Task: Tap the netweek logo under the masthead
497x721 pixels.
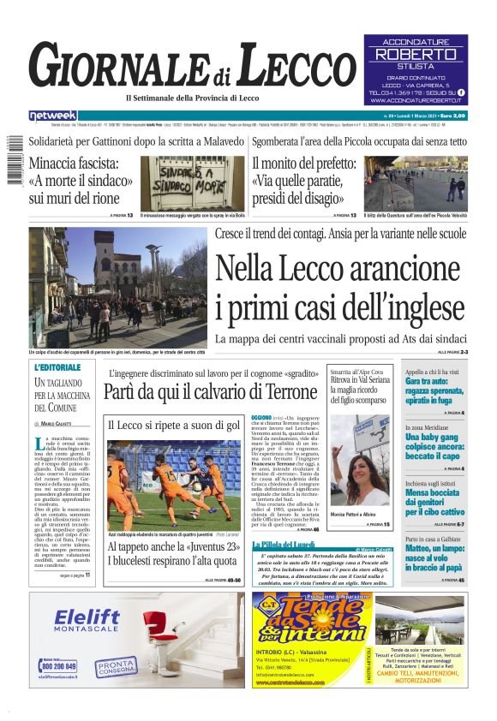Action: click(52, 116)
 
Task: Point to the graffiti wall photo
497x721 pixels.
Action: click(191, 182)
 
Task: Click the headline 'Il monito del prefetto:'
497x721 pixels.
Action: click(304, 164)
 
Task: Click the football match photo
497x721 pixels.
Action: click(174, 484)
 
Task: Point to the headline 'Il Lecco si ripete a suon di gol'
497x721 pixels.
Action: click(173, 426)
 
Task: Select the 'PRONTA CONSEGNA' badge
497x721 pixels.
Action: click(115, 666)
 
